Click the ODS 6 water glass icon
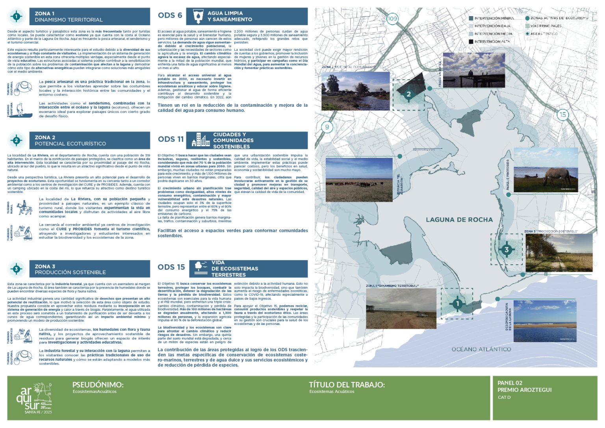click(198, 17)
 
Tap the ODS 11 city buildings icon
click(201, 140)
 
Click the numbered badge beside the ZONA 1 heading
click(17, 17)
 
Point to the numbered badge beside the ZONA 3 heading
click(17, 269)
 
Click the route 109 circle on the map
click(392, 19)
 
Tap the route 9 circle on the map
click(327, 127)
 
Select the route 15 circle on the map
click(562, 115)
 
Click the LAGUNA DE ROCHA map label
click(459, 220)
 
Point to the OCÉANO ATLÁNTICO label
click(481, 349)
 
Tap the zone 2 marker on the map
click(408, 94)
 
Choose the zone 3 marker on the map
click(507, 249)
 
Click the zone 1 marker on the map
click(457, 304)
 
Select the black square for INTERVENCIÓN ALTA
click(471, 41)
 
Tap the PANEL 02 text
click(510, 383)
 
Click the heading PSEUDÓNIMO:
click(98, 385)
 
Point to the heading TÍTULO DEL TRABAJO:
click(347, 385)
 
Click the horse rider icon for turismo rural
click(24, 208)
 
